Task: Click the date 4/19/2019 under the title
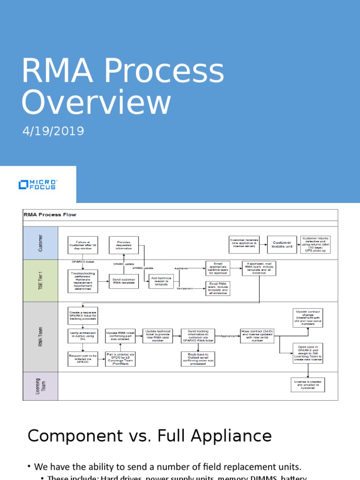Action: pyautogui.click(x=53, y=131)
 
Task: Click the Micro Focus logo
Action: pyautogui.click(x=37, y=184)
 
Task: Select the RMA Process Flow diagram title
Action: pyautogui.click(x=50, y=215)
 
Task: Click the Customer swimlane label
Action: pyautogui.click(x=40, y=243)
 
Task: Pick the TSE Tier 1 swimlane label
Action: pyautogui.click(x=40, y=281)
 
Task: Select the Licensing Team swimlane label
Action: pyautogui.click(x=40, y=386)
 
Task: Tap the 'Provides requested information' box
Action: pyautogui.click(x=124, y=245)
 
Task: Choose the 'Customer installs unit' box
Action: pyautogui.click(x=282, y=244)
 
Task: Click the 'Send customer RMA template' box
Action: pyautogui.click(x=124, y=282)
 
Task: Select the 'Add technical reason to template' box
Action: pyautogui.click(x=161, y=282)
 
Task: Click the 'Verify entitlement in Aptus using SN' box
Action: pyautogui.click(x=82, y=336)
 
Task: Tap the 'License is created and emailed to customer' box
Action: pyautogui.click(x=307, y=385)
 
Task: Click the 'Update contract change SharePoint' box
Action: pyautogui.click(x=307, y=318)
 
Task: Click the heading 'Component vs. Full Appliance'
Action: pyautogui.click(x=150, y=436)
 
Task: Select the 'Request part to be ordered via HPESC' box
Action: pyautogui.click(x=82, y=359)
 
